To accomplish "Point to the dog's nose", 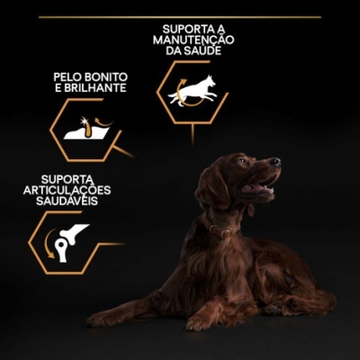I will click(276, 162).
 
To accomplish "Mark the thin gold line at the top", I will click(180, 16).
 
